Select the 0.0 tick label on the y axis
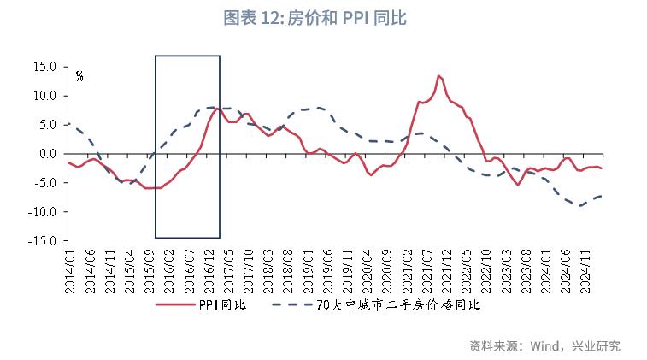coord(47,154)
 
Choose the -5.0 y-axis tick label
coord(44,183)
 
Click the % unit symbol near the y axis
coord(79,76)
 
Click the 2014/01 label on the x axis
coord(70,267)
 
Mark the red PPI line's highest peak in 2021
coord(438,75)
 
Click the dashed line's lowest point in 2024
coord(580,205)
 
